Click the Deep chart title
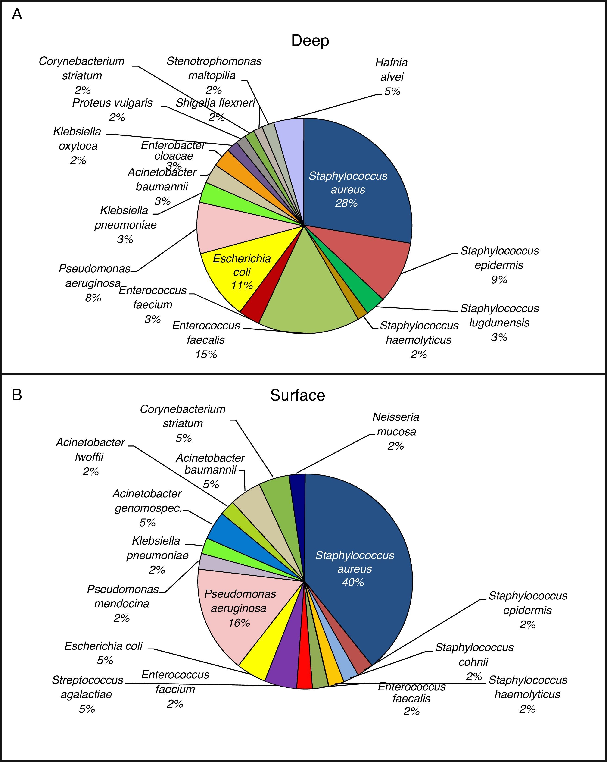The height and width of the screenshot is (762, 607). click(310, 41)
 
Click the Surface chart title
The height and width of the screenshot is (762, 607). click(298, 395)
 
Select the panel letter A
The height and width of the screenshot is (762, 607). click(17, 15)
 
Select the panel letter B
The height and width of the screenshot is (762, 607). click(17, 395)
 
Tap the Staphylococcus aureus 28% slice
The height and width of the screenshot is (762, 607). click(353, 177)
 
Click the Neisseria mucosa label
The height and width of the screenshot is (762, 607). click(396, 431)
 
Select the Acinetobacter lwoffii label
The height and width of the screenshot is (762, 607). click(90, 457)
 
